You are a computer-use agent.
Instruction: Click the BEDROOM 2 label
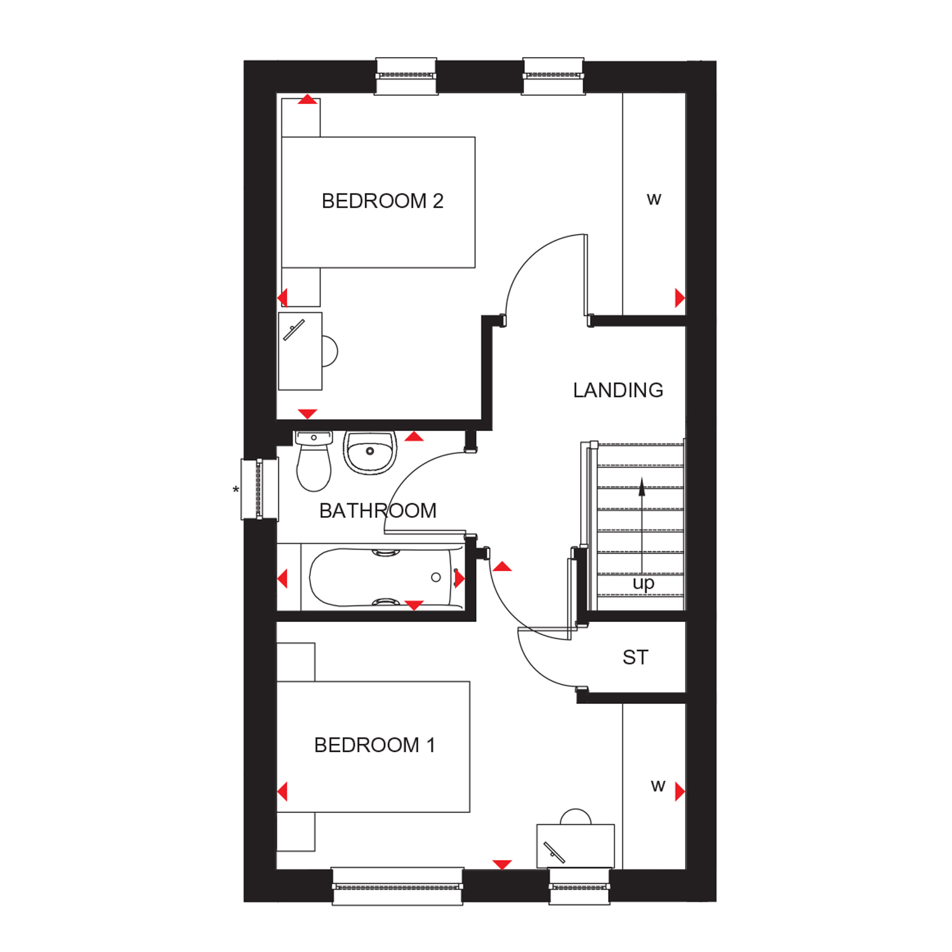(x=382, y=201)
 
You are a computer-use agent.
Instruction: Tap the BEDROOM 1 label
(x=374, y=745)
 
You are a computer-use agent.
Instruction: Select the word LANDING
(x=618, y=390)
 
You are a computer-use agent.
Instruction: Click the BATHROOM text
(x=378, y=511)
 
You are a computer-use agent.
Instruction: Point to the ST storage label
(x=635, y=658)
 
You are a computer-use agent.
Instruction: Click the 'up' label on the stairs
(x=643, y=583)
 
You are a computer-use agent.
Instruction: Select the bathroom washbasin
(x=370, y=452)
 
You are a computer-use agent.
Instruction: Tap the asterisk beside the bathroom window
(x=236, y=490)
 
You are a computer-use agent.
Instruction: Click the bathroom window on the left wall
(x=259, y=489)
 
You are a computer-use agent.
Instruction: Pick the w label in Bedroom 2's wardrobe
(x=654, y=200)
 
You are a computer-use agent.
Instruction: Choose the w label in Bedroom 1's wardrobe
(x=658, y=787)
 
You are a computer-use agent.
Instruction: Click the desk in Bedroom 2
(x=300, y=351)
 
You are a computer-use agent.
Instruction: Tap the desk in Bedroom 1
(x=575, y=845)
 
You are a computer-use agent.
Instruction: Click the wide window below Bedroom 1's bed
(x=397, y=885)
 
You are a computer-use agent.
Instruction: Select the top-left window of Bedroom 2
(x=406, y=76)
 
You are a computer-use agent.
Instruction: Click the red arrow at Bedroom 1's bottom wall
(x=502, y=864)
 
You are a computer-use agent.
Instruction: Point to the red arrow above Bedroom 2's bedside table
(x=308, y=100)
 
